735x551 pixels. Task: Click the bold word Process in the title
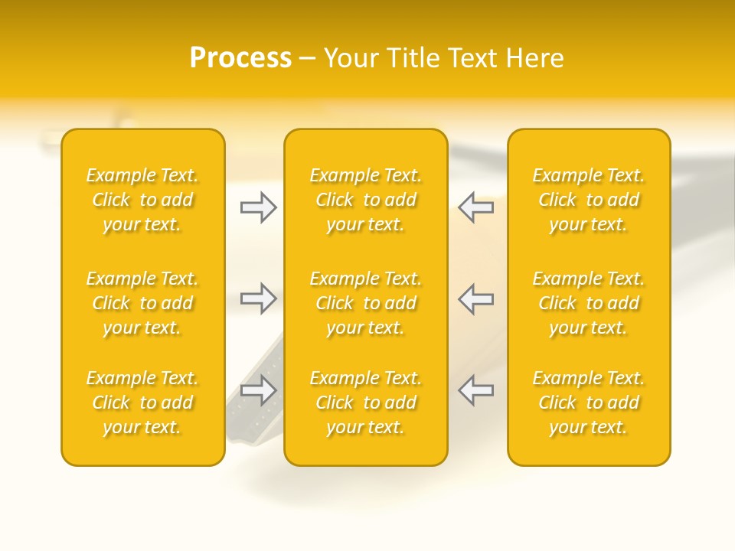[x=240, y=58]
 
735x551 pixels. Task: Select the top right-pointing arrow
[x=258, y=207]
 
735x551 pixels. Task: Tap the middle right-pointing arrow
[x=258, y=298]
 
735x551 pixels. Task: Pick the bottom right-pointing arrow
[x=258, y=390]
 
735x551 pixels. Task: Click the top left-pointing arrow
[x=476, y=207]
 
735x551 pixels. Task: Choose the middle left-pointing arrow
[x=476, y=298]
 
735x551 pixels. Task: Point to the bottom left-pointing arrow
[x=476, y=390]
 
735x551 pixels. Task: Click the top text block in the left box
[x=142, y=200]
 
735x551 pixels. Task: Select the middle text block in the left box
[x=142, y=303]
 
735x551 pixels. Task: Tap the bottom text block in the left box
[x=142, y=403]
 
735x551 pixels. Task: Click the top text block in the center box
[x=366, y=200]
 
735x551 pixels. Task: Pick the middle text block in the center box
[x=366, y=303]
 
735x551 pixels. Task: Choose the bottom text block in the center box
[x=366, y=403]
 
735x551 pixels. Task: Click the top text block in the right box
[x=589, y=200]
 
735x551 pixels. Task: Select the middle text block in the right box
[x=589, y=303]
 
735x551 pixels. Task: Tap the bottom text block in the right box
[x=589, y=403]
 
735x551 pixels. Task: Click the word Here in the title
[x=536, y=58]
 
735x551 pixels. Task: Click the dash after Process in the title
[x=307, y=59]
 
